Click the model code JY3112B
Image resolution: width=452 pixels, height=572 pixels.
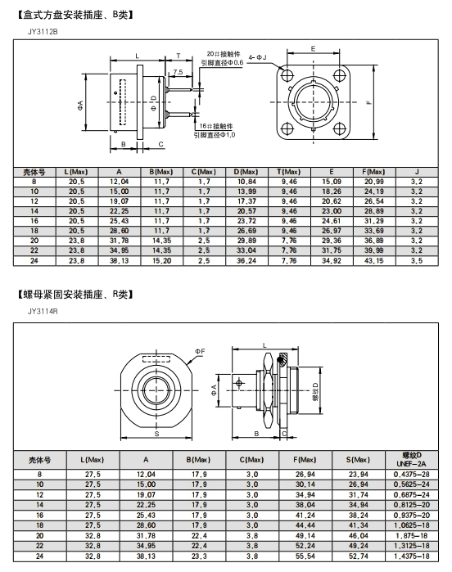coord(43,31)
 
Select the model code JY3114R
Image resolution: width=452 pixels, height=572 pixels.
coord(43,311)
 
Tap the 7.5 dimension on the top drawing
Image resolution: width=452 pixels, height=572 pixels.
coord(179,72)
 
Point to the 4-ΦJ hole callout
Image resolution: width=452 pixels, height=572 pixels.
coord(258,57)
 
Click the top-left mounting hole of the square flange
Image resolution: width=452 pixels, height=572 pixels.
coord(287,75)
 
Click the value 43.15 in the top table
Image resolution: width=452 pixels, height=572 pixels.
coord(374,261)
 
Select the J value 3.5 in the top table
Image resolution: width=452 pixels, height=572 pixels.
coord(417,261)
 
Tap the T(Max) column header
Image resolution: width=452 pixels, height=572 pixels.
coord(289,172)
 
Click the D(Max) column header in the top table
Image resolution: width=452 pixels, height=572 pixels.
coord(246,172)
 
